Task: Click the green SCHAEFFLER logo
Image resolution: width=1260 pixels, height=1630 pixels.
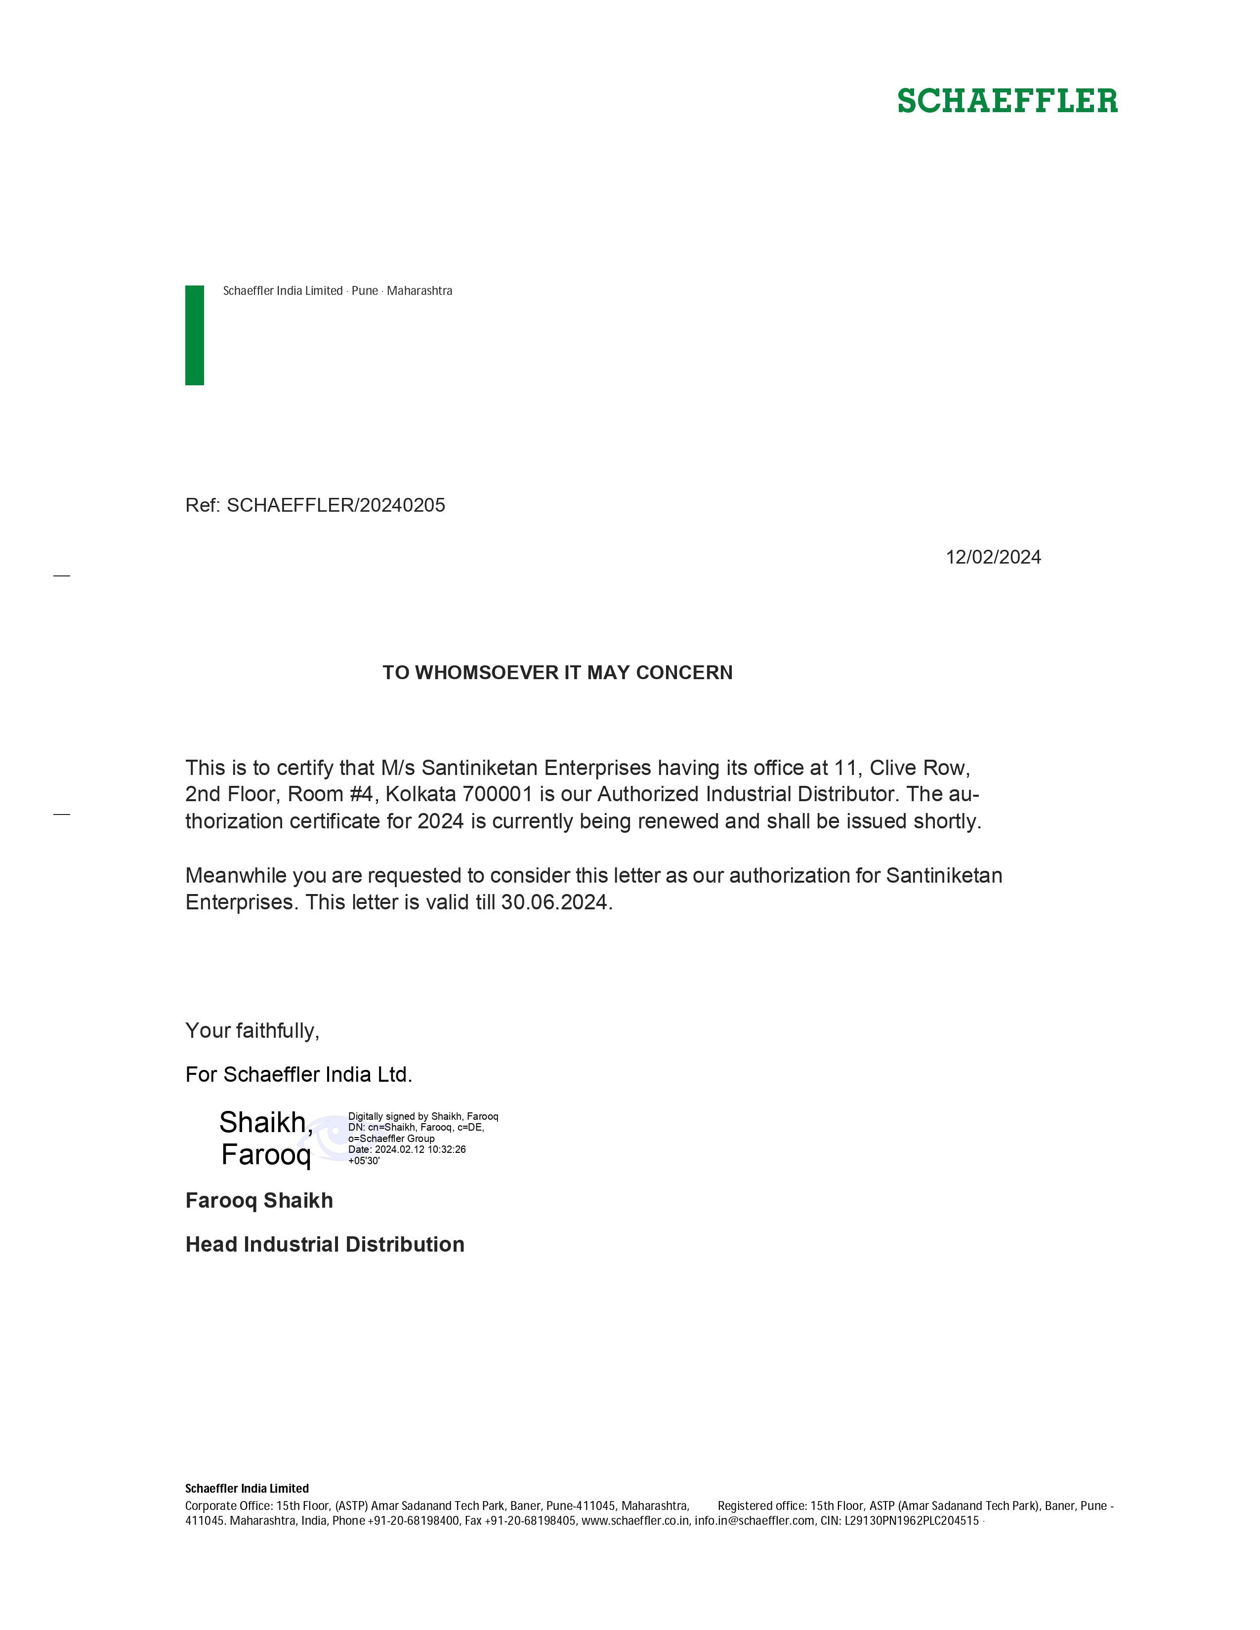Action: (1007, 101)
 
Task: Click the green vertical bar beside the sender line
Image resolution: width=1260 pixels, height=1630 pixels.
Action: (194, 335)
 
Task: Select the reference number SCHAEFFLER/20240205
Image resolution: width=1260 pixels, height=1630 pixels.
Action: (336, 505)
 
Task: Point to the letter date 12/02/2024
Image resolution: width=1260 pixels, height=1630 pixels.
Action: (993, 558)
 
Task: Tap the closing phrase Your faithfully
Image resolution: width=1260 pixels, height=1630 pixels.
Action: (252, 1031)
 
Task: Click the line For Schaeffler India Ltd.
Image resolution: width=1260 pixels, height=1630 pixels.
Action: (298, 1075)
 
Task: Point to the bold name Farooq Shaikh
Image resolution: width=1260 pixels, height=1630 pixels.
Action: (259, 1201)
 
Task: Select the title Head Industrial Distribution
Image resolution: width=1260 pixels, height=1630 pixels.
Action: (325, 1245)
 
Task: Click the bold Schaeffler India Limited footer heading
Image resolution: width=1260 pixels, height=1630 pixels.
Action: (247, 1488)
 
